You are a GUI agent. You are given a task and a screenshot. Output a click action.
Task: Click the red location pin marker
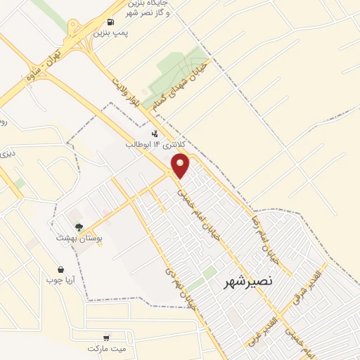(x=181, y=166)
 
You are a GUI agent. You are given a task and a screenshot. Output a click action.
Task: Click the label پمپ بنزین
(x=112, y=34)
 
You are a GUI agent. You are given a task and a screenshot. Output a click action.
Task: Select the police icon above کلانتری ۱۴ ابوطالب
(x=155, y=133)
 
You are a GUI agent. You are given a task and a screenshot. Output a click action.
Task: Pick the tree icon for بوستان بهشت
(x=79, y=227)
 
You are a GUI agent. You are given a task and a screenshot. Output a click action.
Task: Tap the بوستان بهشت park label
(x=79, y=238)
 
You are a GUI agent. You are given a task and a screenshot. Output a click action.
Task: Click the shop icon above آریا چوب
(x=61, y=269)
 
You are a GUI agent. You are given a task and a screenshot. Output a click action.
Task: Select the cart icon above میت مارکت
(x=106, y=337)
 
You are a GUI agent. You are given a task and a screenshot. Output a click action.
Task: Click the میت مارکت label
(x=106, y=348)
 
